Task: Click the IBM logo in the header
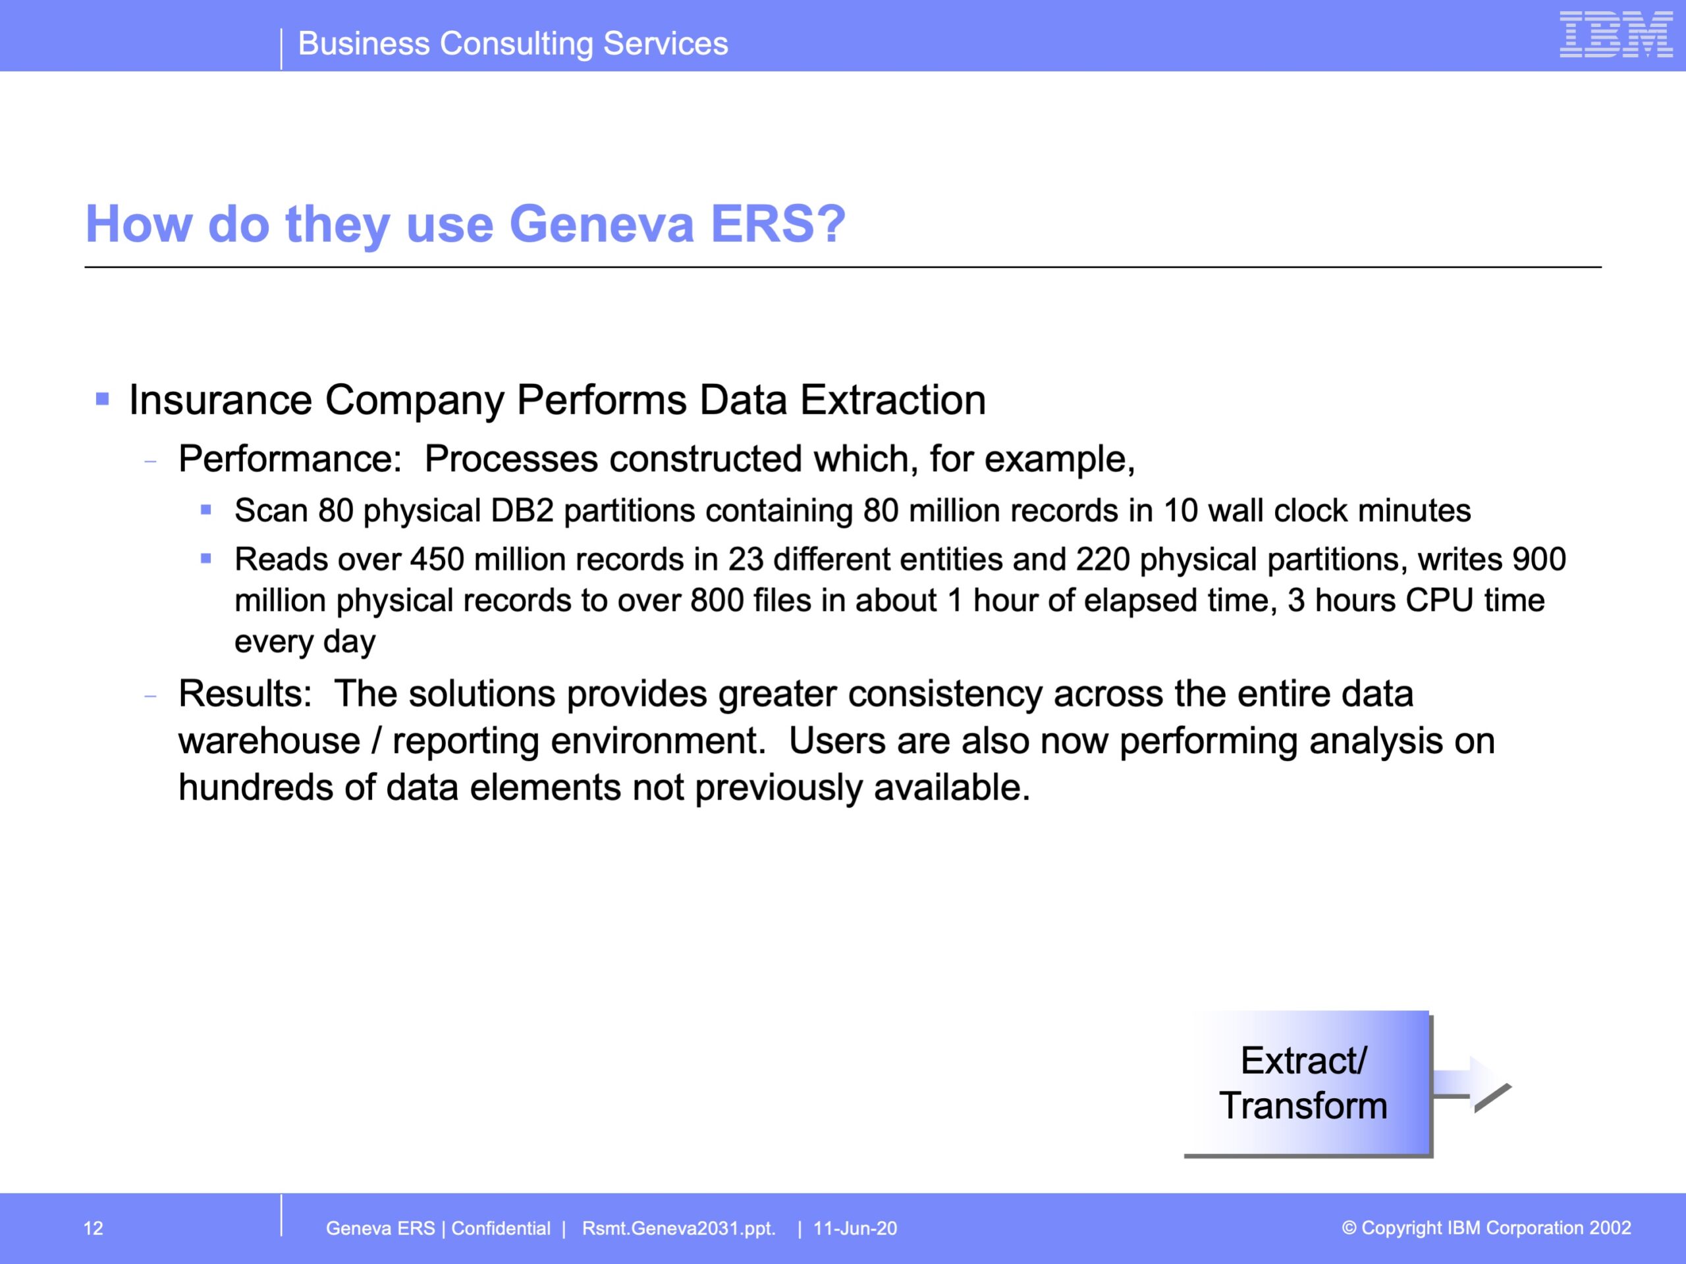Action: click(1616, 34)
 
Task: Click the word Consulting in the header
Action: click(516, 44)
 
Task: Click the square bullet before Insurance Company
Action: click(102, 398)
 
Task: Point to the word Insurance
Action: click(220, 400)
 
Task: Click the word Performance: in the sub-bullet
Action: click(290, 459)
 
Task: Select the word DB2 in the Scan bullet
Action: click(522, 510)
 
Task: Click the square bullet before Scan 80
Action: click(205, 510)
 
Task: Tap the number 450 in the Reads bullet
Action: click(437, 559)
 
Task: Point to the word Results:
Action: click(245, 693)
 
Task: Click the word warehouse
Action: click(269, 741)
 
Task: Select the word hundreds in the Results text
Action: click(256, 787)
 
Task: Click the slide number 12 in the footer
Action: click(93, 1228)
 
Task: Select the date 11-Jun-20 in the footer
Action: click(856, 1228)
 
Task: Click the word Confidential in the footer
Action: click(501, 1228)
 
